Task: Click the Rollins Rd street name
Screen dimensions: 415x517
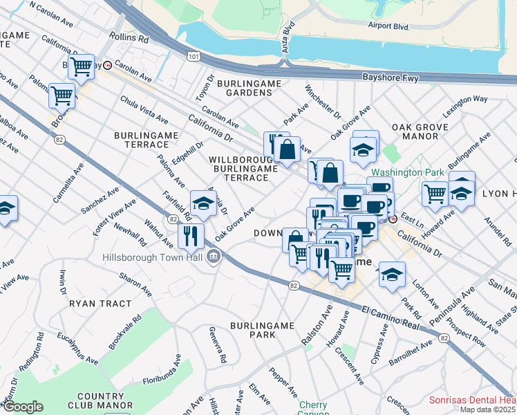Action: click(129, 39)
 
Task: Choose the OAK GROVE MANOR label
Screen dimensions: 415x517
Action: click(415, 133)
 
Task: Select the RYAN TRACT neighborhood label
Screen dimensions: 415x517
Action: click(100, 304)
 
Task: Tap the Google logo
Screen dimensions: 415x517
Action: click(22, 407)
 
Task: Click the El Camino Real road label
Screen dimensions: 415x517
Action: click(390, 317)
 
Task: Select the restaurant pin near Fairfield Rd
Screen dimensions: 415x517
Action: click(190, 236)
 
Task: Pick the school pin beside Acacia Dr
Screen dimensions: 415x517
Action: click(203, 203)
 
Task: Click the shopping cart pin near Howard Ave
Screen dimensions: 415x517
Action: click(435, 194)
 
